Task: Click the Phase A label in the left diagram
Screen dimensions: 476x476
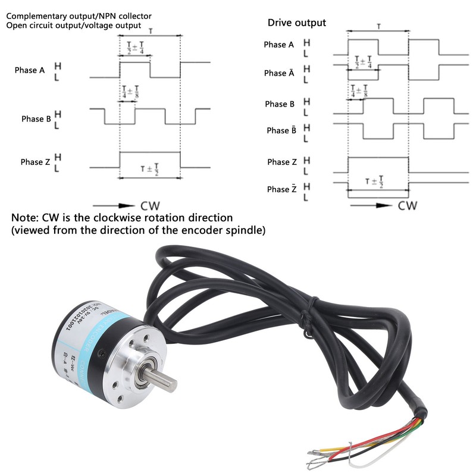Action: point(30,70)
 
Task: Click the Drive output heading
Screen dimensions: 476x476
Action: point(296,23)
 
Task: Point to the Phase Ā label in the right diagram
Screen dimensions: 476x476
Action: point(279,73)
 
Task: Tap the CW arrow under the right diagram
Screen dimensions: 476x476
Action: point(372,206)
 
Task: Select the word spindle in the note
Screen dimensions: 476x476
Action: point(242,230)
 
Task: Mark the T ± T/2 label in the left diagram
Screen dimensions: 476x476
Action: point(149,168)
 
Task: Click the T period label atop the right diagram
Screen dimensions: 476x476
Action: point(378,27)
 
